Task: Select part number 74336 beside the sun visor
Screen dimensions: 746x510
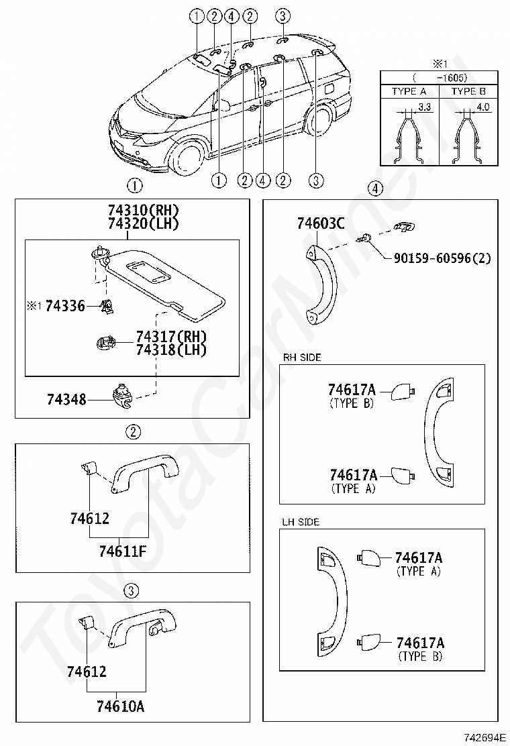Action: (66, 306)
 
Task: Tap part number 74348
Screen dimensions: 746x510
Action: (66, 399)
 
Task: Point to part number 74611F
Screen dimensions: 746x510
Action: (122, 551)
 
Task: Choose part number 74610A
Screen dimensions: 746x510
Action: (120, 706)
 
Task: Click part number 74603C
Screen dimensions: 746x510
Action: (321, 223)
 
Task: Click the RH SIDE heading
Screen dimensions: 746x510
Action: (302, 358)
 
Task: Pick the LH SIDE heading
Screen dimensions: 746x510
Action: (301, 521)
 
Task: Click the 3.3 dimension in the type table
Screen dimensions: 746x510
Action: (423, 107)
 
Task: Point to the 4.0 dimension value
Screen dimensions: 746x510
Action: (482, 107)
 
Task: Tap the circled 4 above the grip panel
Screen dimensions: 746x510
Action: (375, 189)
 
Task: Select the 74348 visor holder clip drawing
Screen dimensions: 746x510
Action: (122, 394)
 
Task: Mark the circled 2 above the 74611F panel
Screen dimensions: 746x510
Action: (134, 431)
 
